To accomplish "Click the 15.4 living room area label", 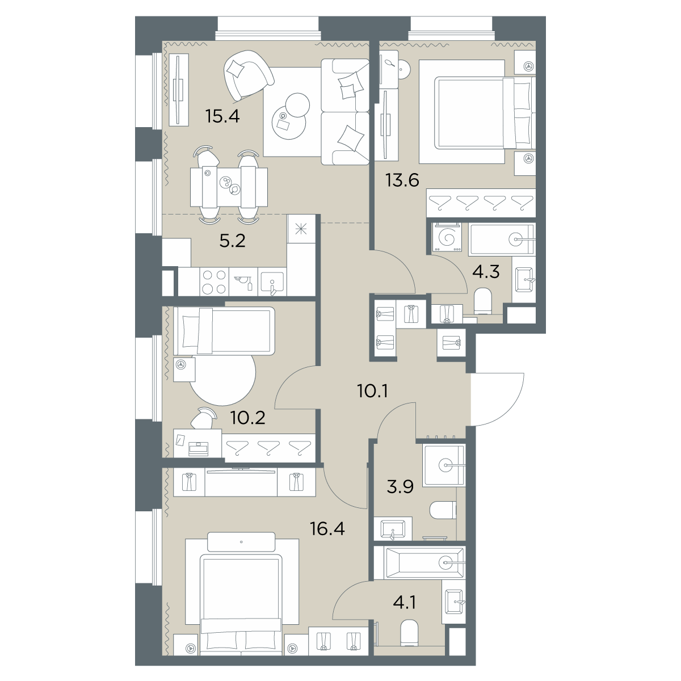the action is point(222,116).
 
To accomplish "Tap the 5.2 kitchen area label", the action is point(232,241).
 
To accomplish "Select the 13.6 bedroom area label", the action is point(402,180).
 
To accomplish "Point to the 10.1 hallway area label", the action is point(373,391).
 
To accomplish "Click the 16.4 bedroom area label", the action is point(327,529).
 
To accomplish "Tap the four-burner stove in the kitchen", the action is point(214,282).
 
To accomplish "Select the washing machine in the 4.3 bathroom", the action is point(447,237).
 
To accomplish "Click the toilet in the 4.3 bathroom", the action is point(482,301).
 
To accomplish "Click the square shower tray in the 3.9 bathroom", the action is point(444,465).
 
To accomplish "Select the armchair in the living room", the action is point(248,75).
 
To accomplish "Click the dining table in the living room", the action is point(229,187).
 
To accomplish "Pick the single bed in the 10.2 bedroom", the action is point(224,331).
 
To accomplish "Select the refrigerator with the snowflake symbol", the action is point(301,229).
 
